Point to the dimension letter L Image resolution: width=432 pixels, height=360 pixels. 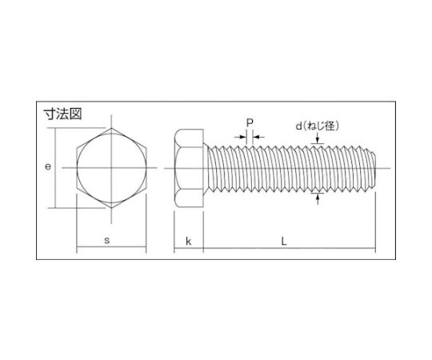(x=288, y=241)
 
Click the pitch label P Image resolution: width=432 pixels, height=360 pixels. (x=249, y=123)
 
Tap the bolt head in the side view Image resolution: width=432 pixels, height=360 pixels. (x=188, y=168)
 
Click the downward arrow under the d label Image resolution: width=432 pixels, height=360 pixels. (x=319, y=140)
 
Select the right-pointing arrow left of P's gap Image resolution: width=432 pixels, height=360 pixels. (x=242, y=137)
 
